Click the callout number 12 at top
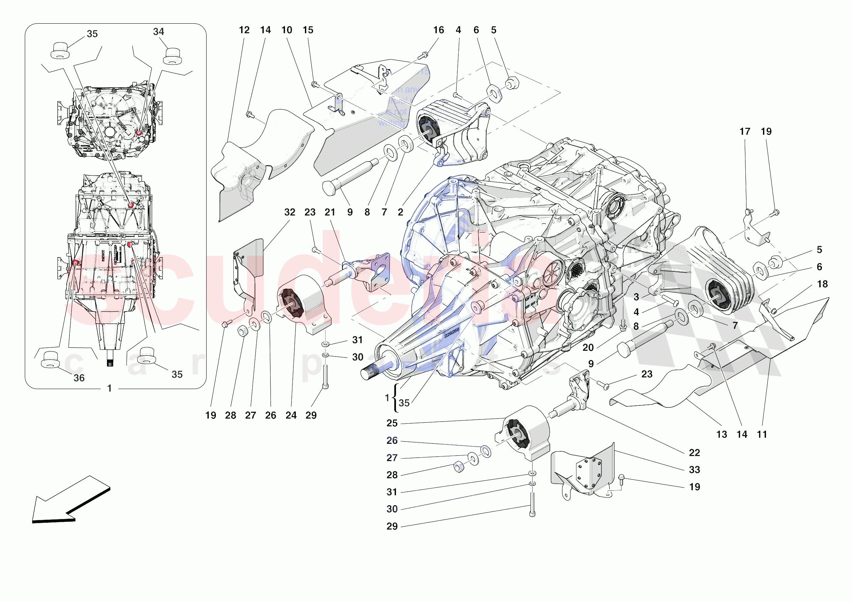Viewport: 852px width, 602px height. pyautogui.click(x=244, y=30)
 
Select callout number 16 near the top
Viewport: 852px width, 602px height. pyautogui.click(x=438, y=30)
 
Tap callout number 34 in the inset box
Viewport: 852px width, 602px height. pyautogui.click(x=159, y=32)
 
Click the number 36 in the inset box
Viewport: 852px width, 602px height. pyautogui.click(x=79, y=378)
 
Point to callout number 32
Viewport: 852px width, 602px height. pyautogui.click(x=289, y=212)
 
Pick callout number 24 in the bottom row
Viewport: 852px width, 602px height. pyautogui.click(x=291, y=415)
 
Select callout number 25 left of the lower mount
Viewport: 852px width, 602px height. pyautogui.click(x=392, y=423)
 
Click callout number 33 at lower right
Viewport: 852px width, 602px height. pyautogui.click(x=694, y=469)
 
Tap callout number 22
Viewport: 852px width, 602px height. pyautogui.click(x=694, y=453)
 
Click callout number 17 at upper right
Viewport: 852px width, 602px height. pyautogui.click(x=745, y=132)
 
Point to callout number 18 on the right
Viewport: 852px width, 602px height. pyautogui.click(x=822, y=284)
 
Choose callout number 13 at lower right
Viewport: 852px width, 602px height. pyautogui.click(x=721, y=434)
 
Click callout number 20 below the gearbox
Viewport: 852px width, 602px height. pyautogui.click(x=588, y=347)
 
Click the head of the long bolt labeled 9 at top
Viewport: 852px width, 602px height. pyautogui.click(x=329, y=188)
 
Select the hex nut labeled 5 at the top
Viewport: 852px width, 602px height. pyautogui.click(x=512, y=83)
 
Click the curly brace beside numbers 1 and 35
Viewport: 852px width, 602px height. pyautogui.click(x=396, y=398)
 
